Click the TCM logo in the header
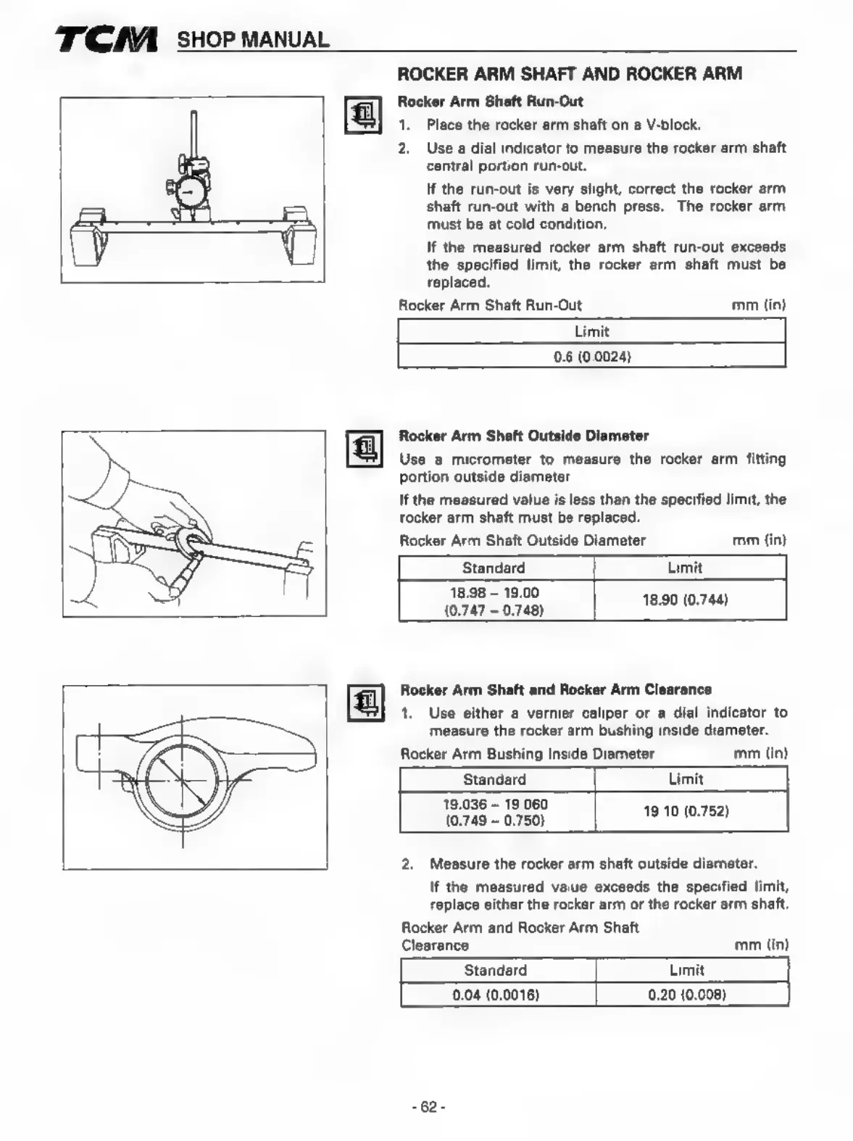[106, 41]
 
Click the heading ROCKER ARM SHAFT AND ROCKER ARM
[570, 73]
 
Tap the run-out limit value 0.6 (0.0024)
[591, 356]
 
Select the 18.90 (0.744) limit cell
[685, 599]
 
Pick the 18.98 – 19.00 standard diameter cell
[494, 601]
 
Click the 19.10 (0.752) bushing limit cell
[686, 810]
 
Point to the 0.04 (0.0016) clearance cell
[496, 995]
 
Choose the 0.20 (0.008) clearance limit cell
[686, 995]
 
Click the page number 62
[428, 1107]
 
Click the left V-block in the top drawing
[90, 238]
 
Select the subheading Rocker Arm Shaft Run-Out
[490, 101]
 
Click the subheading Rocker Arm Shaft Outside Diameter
[523, 436]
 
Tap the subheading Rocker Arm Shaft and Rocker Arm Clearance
[556, 689]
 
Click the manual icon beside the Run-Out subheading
[363, 115]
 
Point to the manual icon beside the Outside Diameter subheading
[364, 449]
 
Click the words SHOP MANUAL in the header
[253, 40]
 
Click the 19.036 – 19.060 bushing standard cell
[495, 812]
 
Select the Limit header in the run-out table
[591, 331]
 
